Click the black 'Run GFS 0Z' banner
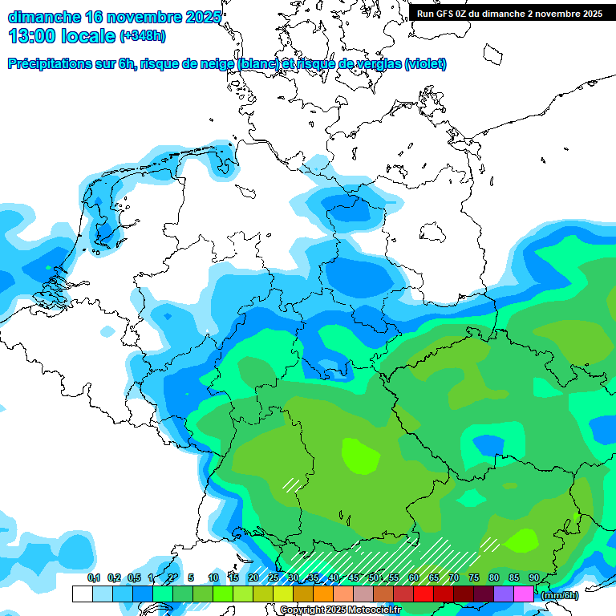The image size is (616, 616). [x=509, y=13]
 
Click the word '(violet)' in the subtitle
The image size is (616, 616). [x=425, y=64]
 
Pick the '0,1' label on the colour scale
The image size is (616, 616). [x=94, y=577]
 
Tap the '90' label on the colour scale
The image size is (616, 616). [x=534, y=577]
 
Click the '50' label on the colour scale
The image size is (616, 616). [x=374, y=577]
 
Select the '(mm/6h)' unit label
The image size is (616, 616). [x=560, y=595]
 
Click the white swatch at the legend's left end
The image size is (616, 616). [x=82, y=594]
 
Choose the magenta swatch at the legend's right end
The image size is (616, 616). [x=524, y=594]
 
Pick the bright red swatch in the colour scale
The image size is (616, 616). [x=423, y=594]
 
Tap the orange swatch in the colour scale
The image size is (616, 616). [x=322, y=594]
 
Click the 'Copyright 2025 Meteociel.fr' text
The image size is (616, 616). [x=340, y=610]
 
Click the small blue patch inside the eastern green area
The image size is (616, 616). [x=488, y=444]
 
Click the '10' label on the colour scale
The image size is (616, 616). [x=213, y=577]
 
